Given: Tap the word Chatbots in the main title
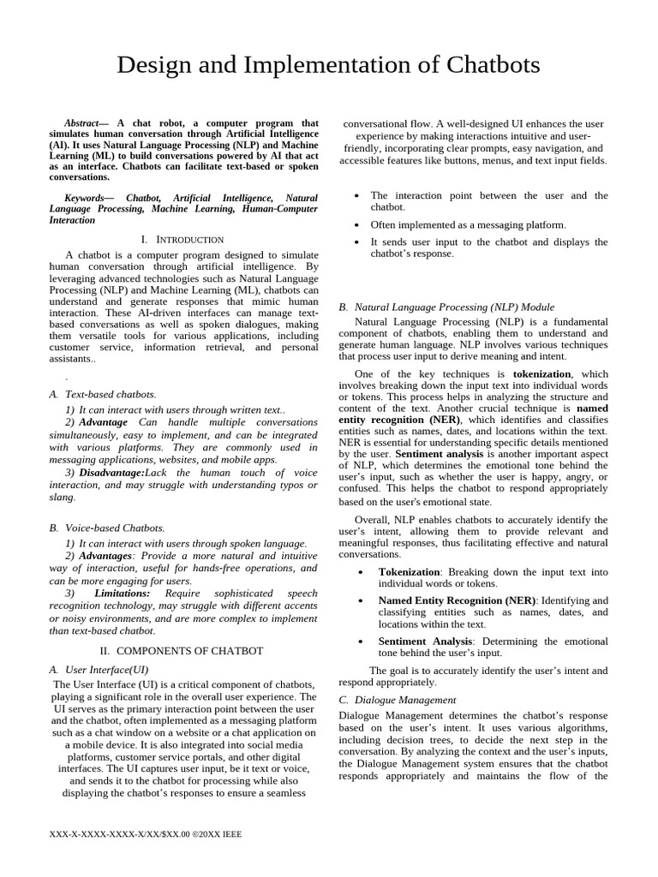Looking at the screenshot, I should [x=488, y=65].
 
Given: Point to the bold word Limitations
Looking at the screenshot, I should [x=123, y=593].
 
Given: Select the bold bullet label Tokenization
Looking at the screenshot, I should [x=409, y=571].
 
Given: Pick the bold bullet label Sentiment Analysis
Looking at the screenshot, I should [x=424, y=641].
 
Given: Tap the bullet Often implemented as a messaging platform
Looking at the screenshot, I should [x=468, y=224].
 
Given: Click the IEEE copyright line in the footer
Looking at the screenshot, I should [x=147, y=833].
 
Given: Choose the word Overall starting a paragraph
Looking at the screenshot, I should [x=373, y=520].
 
